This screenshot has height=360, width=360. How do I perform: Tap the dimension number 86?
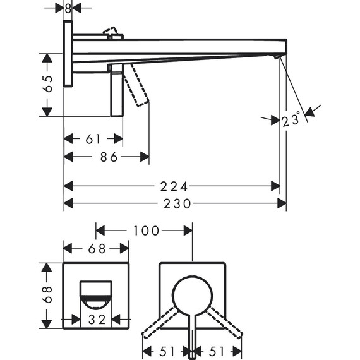[109, 156]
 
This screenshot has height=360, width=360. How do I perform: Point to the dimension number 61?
[92, 139]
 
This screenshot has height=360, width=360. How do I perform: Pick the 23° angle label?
[292, 120]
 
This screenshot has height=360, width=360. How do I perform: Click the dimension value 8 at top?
[68, 8]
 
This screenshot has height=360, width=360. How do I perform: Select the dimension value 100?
[147, 231]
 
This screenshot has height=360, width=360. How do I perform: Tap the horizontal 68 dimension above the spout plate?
[97, 249]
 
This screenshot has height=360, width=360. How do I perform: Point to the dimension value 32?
[97, 320]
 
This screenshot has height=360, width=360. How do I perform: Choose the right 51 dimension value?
[217, 351]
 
